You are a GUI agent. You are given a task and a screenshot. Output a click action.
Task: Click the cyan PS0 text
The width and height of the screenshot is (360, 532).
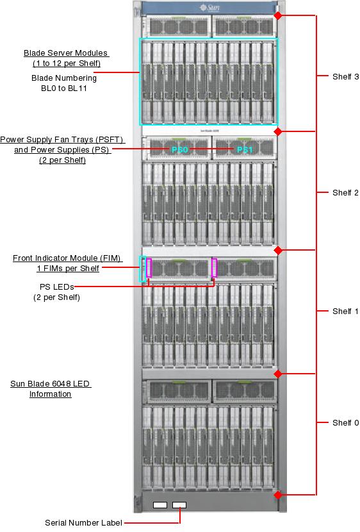[x=179, y=149]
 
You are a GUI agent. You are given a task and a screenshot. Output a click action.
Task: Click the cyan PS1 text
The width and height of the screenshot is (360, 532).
[x=245, y=149]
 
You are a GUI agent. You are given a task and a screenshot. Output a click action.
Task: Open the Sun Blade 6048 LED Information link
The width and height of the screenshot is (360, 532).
[x=51, y=389]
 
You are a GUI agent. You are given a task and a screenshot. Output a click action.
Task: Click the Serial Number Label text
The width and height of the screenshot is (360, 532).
[x=83, y=523]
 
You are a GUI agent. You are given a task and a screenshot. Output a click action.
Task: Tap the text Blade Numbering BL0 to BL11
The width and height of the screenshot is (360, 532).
[x=64, y=83]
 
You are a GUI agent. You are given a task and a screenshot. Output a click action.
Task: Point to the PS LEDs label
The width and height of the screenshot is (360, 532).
[x=56, y=292]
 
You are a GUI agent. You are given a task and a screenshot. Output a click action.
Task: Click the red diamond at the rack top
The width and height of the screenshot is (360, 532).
[x=277, y=15]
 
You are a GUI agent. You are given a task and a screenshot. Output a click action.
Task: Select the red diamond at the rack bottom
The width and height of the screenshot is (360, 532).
[x=277, y=495]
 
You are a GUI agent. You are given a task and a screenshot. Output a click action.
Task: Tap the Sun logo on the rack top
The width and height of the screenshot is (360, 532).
[x=208, y=8]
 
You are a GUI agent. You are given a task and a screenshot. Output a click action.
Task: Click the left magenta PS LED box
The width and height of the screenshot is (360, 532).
[x=149, y=267]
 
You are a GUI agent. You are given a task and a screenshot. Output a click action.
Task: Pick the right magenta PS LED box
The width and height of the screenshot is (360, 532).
[x=214, y=267]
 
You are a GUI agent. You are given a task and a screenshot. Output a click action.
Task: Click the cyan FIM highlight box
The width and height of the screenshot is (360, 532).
[x=142, y=269]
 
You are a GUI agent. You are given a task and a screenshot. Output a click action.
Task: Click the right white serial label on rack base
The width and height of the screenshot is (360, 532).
[x=180, y=505]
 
